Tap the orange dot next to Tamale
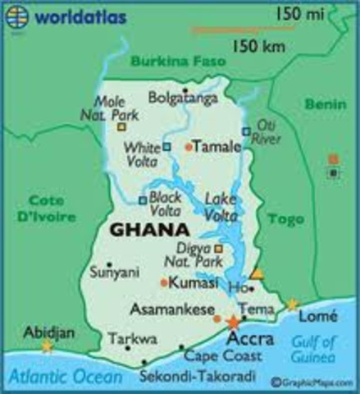pyautogui.click(x=189, y=147)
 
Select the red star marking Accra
pyautogui.click(x=234, y=321)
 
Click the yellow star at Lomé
pyautogui.click(x=292, y=305)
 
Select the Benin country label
pyautogui.click(x=326, y=104)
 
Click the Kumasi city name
pyautogui.click(x=196, y=282)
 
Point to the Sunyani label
pyautogui.click(x=114, y=268)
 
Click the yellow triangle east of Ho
pyautogui.click(x=257, y=273)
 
